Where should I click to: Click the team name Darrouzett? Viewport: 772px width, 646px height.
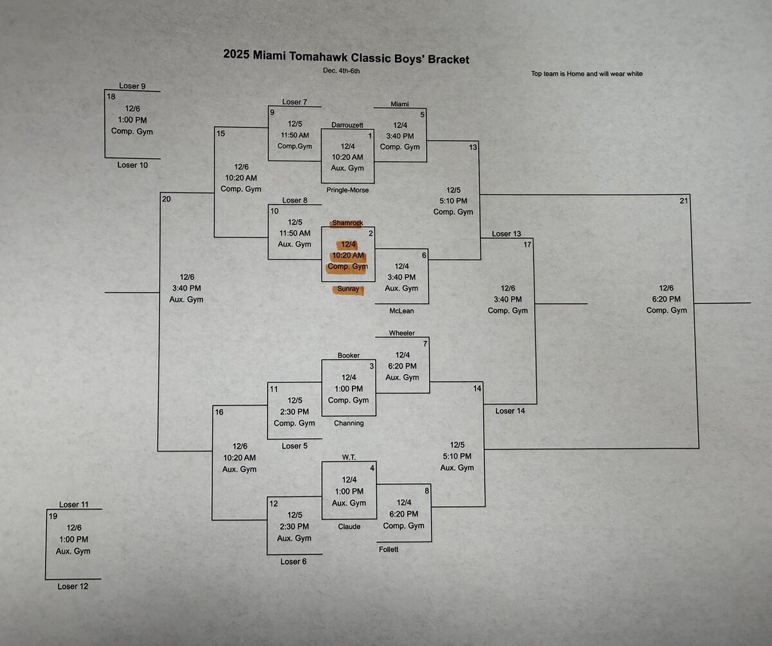pos(347,125)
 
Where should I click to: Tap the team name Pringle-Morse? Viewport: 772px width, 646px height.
pos(347,190)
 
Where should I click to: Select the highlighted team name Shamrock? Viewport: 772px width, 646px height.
pos(347,223)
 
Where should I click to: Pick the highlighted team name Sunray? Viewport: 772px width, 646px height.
pos(348,290)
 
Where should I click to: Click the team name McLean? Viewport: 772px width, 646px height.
pos(401,311)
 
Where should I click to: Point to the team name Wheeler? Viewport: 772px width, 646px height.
pos(401,333)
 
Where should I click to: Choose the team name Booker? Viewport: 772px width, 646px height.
pos(348,355)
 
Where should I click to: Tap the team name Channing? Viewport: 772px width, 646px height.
pos(349,423)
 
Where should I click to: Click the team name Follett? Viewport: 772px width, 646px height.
pos(388,549)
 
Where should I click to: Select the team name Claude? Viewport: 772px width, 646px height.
pos(349,526)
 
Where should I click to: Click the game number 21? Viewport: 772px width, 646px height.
pos(683,201)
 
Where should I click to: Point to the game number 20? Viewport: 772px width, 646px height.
pos(167,199)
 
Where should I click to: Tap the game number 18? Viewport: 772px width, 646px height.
pos(111,97)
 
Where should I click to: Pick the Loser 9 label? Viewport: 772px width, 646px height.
pos(132,86)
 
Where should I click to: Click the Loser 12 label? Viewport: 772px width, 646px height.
pos(72,586)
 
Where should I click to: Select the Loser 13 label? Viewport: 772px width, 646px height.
pos(506,234)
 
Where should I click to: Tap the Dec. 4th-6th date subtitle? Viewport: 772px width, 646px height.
pos(341,71)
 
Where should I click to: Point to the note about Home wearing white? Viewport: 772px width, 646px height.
pos(586,74)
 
